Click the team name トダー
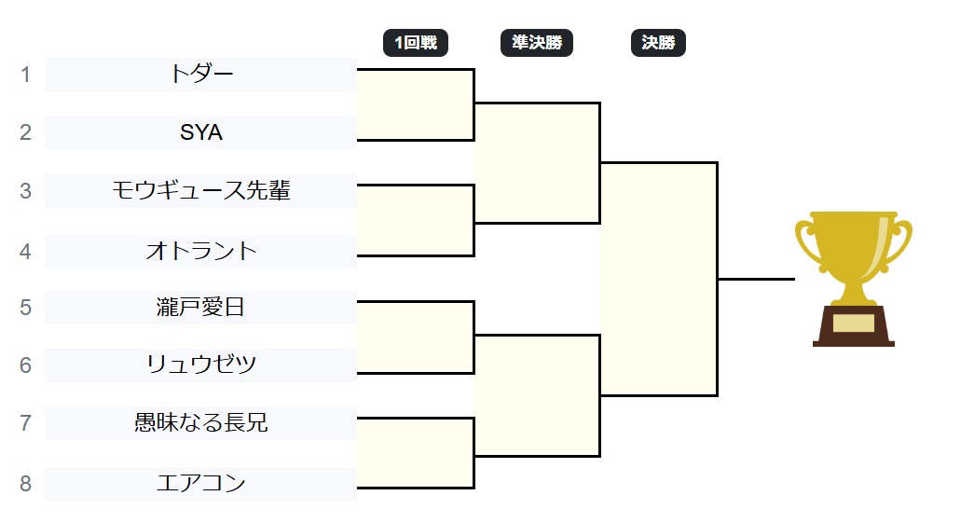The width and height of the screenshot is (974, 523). point(201,75)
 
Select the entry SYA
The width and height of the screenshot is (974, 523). point(201,132)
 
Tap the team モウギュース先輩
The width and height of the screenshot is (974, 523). point(201,191)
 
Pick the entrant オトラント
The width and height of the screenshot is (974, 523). point(201,251)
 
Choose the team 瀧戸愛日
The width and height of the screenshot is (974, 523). point(201,307)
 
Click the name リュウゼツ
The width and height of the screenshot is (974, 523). point(201,365)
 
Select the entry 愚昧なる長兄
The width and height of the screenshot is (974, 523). point(201,423)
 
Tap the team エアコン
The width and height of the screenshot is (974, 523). point(201,483)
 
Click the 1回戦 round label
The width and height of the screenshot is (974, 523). point(416,43)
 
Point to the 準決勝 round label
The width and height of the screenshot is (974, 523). point(537,43)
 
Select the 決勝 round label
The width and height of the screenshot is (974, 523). point(658,43)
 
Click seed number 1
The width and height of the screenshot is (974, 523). point(26,75)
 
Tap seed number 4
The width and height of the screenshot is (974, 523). point(26,251)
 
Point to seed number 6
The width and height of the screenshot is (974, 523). point(26,365)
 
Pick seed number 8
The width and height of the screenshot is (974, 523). point(26,483)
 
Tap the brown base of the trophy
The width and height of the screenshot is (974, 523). point(854,326)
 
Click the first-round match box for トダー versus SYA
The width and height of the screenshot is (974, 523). point(416,104)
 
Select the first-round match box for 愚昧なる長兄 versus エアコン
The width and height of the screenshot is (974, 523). point(416,453)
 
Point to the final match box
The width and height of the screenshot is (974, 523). point(659,279)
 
